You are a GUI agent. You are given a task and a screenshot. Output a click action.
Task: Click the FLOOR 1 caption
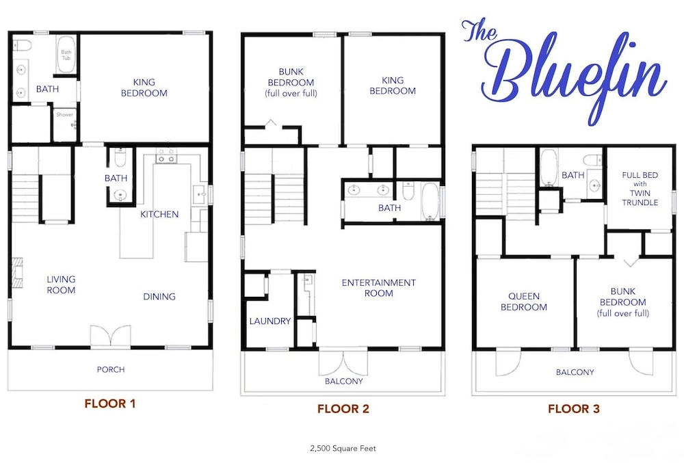click(110, 404)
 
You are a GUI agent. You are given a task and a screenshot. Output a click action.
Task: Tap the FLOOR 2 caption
click(343, 409)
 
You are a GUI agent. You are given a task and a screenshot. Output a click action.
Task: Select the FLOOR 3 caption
click(574, 409)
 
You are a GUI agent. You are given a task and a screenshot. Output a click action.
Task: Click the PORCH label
click(111, 370)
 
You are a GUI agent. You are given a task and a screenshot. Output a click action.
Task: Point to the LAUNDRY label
click(270, 321)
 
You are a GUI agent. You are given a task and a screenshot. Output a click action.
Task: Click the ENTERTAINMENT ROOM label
click(379, 288)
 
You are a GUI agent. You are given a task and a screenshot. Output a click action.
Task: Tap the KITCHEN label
click(159, 214)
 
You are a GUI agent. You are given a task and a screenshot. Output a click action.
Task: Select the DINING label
click(159, 296)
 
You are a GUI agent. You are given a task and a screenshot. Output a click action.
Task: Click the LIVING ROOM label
click(61, 285)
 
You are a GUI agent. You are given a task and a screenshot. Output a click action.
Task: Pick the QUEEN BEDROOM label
click(523, 302)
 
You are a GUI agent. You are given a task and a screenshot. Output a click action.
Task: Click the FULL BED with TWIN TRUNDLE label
click(640, 189)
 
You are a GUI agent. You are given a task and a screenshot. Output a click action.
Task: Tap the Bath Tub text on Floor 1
click(66, 55)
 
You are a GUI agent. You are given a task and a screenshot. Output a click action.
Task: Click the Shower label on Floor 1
click(64, 115)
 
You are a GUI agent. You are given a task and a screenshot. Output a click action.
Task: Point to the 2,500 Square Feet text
click(343, 448)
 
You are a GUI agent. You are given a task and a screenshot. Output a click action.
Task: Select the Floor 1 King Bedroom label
click(144, 88)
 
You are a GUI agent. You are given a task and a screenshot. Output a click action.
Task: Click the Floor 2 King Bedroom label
click(393, 85)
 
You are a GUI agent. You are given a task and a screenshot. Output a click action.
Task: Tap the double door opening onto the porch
click(110, 336)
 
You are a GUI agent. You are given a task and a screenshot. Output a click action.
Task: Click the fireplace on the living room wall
click(16, 273)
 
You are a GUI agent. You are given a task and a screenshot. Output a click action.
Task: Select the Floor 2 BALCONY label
click(344, 382)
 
